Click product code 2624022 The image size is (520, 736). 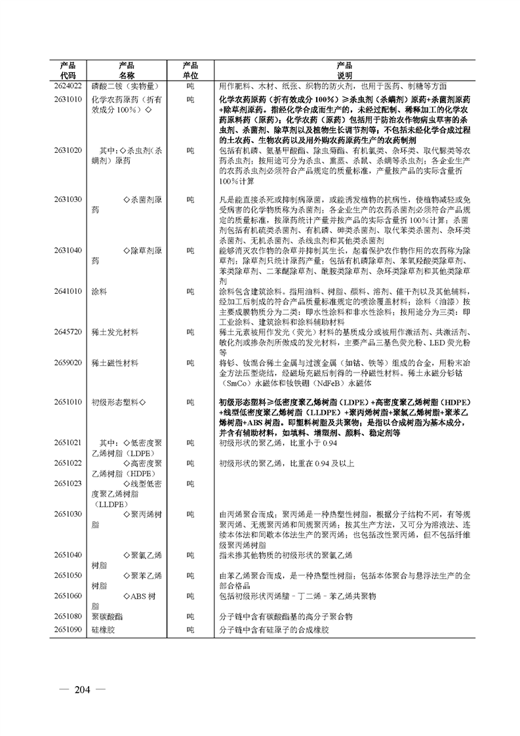pos(68,86)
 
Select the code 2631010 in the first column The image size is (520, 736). pos(68,99)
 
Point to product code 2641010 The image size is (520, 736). pos(68,291)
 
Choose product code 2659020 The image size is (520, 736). pos(68,362)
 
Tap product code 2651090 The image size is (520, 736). pos(68,629)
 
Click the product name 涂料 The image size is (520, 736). pos(98,291)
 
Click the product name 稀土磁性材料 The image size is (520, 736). pos(115,362)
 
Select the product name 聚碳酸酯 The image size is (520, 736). pos(106,617)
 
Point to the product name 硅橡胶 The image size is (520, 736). pos(102,629)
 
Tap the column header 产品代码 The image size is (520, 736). pos(68,70)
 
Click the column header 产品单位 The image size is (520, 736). pos(190,70)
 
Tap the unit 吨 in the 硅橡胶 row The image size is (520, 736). pos(190,629)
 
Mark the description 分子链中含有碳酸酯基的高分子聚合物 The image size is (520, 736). pos(296,617)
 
